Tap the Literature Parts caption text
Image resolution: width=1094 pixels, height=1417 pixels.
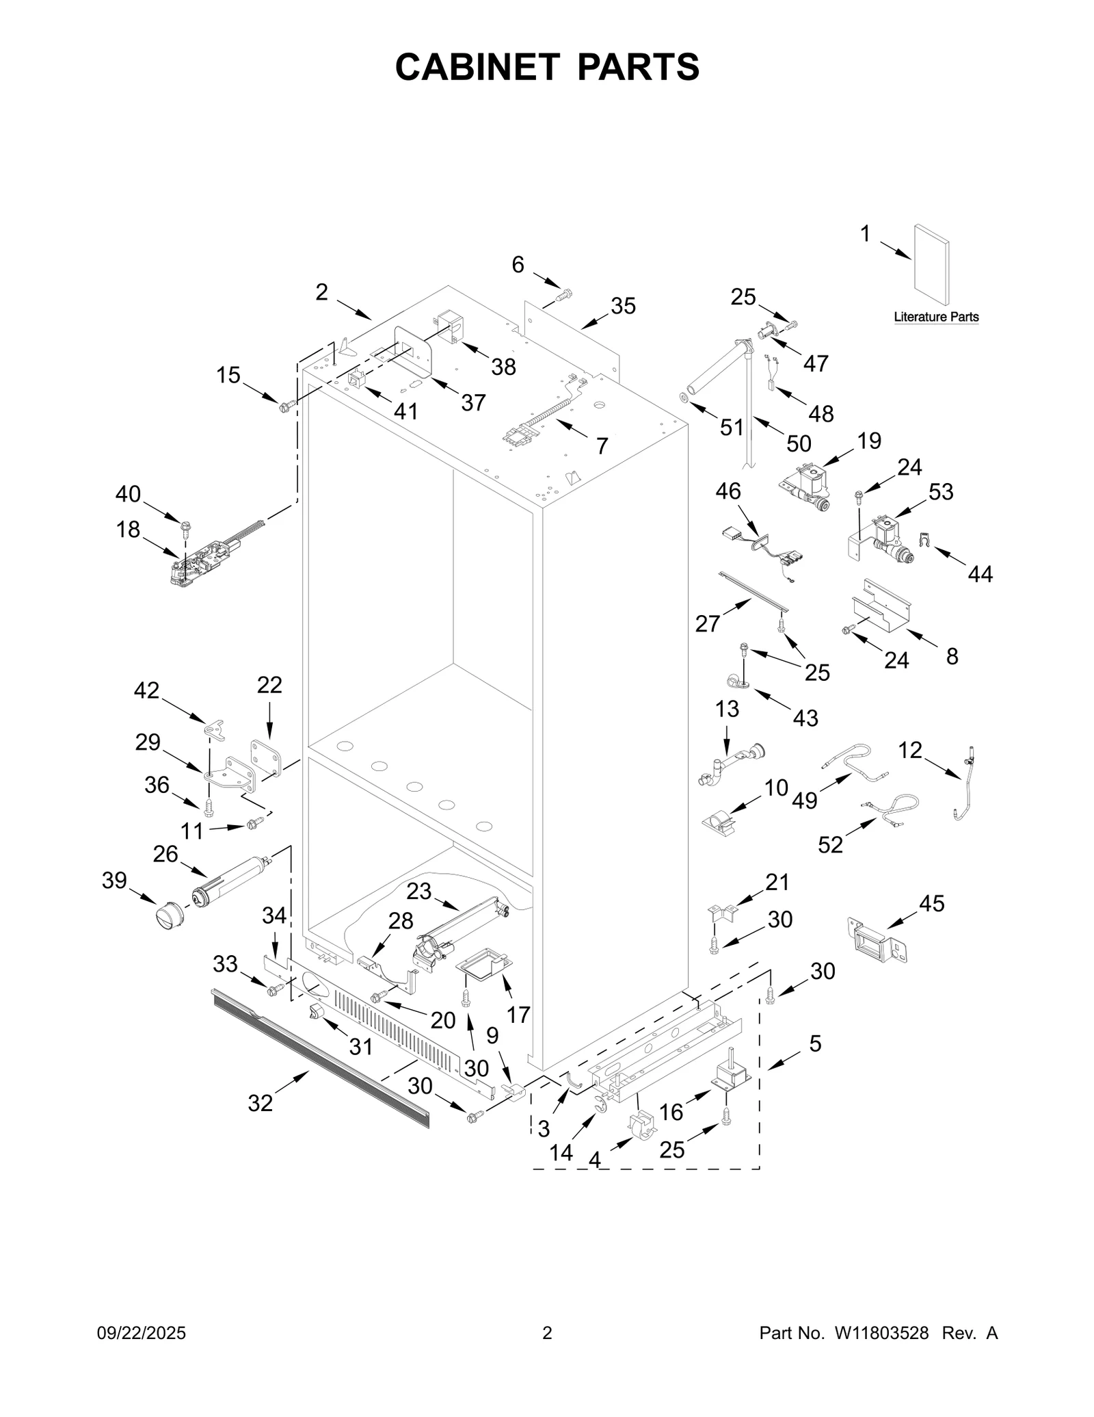pos(936,317)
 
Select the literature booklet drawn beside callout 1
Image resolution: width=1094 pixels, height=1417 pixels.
pos(932,264)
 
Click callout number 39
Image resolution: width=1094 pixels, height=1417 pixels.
pos(114,880)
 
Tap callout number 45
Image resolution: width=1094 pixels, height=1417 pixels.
pos(931,903)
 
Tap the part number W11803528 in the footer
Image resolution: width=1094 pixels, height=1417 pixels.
pos(881,1333)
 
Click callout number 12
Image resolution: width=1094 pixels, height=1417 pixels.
pos(910,750)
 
